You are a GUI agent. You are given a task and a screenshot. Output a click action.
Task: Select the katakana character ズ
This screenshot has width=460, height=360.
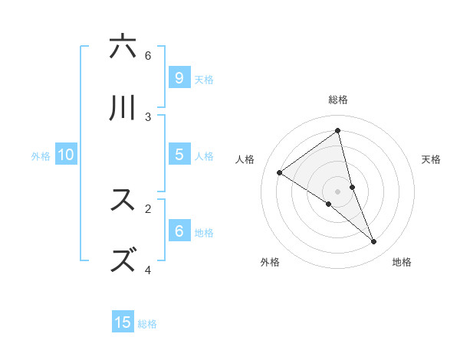(x=123, y=260)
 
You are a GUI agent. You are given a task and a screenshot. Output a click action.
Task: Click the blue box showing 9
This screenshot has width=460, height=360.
(x=179, y=77)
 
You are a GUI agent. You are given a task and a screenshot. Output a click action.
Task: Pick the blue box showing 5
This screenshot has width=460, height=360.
(x=179, y=154)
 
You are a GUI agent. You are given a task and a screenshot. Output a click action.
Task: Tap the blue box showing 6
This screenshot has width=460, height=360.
(x=179, y=231)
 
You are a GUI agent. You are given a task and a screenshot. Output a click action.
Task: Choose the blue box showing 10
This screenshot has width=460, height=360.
(x=66, y=154)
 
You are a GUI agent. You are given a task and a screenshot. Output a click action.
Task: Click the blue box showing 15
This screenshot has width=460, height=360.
(x=123, y=322)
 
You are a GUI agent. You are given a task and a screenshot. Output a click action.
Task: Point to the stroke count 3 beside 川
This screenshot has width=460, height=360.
(x=148, y=116)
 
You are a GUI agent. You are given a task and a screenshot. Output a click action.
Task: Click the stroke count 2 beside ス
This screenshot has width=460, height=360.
(x=148, y=208)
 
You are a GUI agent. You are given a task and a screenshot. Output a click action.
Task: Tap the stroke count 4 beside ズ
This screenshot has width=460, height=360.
(x=148, y=270)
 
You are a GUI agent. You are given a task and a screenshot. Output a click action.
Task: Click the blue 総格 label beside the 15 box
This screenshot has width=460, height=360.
(x=147, y=324)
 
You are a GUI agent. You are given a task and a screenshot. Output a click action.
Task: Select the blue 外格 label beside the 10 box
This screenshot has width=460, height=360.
(x=41, y=156)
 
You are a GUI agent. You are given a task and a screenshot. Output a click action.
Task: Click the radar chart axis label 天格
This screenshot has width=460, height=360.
(x=431, y=159)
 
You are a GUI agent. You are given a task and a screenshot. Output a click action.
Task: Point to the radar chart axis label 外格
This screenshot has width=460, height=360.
(x=270, y=262)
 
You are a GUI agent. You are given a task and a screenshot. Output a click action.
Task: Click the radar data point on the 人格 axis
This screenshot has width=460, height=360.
(x=280, y=172)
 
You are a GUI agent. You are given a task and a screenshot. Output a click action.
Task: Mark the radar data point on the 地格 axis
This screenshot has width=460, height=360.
(x=374, y=242)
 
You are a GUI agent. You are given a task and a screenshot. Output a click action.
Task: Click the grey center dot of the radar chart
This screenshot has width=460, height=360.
(x=337, y=191)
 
